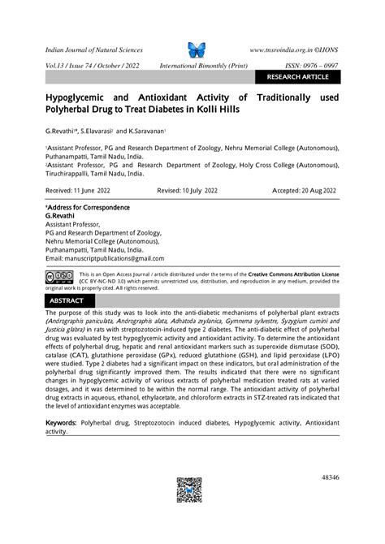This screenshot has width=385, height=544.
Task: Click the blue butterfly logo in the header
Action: coord(197,48)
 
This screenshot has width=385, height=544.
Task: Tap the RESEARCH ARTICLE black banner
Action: coord(297,78)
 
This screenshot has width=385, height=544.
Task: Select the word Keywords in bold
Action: coord(61,424)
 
